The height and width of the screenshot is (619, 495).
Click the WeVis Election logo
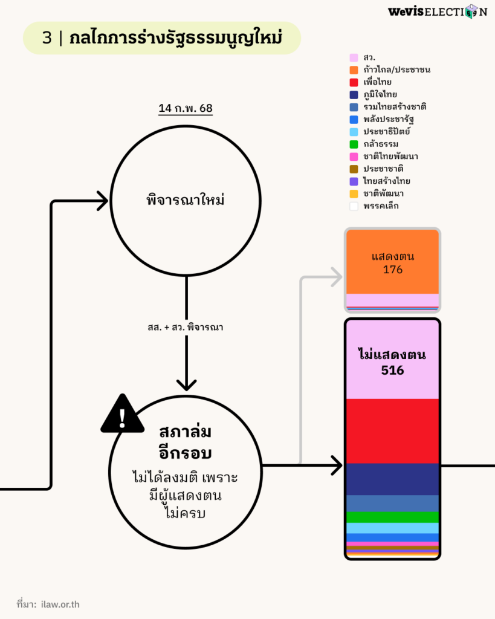pos(437,11)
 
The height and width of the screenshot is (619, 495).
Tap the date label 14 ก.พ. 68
pos(185,109)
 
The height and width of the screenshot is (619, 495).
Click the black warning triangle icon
pos(122,415)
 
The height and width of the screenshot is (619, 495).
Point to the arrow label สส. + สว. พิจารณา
pos(186,327)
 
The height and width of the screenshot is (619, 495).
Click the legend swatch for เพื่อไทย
pos(354,82)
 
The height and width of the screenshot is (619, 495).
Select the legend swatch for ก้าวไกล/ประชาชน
pos(354,70)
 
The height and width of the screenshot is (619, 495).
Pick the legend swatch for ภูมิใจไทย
pos(354,94)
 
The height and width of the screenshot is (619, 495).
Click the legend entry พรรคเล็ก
pos(381,206)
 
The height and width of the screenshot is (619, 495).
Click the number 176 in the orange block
pos(393,270)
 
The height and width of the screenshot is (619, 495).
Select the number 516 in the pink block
pos(392,370)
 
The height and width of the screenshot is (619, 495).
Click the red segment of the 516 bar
pos(392,431)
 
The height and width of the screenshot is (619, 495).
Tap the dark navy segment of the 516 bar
pos(392,479)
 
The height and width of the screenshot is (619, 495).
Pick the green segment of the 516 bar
pos(392,517)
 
